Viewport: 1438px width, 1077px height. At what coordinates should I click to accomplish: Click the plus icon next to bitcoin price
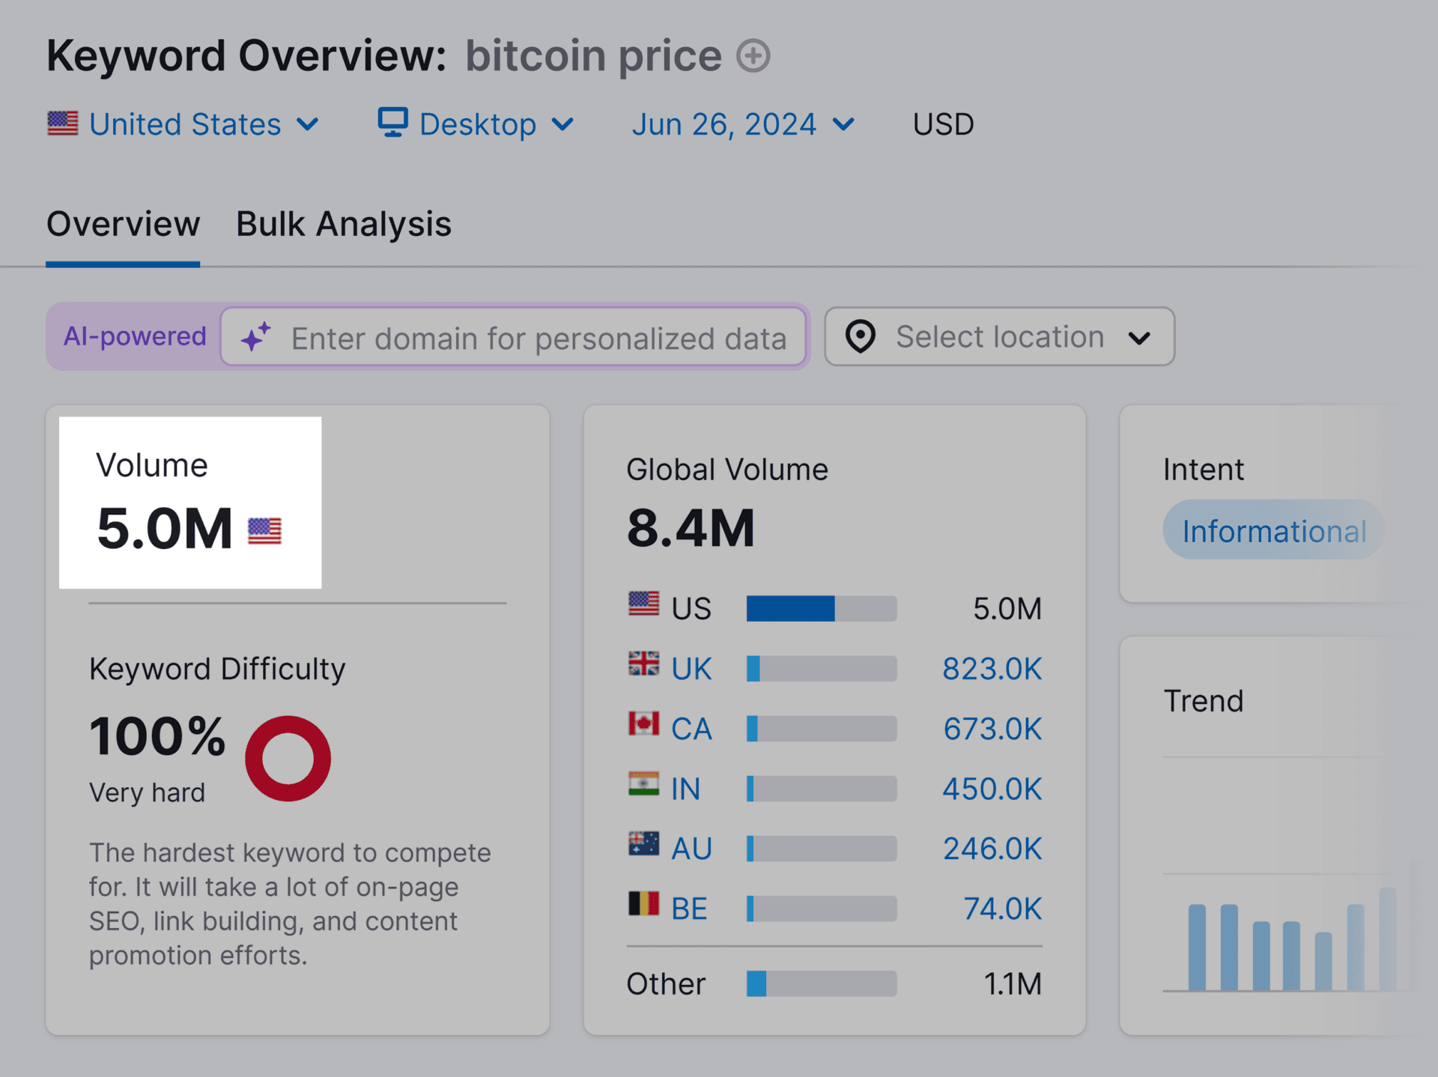tap(753, 56)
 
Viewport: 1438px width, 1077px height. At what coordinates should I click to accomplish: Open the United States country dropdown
tap(183, 124)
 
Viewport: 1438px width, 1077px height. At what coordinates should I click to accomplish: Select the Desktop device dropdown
tap(476, 124)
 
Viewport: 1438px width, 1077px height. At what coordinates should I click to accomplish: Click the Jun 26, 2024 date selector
tap(742, 124)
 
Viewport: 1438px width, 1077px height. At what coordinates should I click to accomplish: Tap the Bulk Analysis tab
tap(343, 224)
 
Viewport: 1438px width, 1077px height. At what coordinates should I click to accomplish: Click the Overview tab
tap(123, 224)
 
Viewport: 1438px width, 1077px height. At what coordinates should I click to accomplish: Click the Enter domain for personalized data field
tap(538, 338)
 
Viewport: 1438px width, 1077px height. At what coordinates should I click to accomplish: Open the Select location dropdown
tap(999, 337)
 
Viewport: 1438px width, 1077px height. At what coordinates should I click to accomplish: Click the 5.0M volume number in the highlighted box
tap(165, 529)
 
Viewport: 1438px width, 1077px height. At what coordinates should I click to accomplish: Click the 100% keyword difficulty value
tap(157, 736)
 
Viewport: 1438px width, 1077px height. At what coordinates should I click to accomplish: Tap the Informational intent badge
tap(1273, 531)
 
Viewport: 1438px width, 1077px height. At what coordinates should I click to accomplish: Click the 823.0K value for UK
tap(991, 669)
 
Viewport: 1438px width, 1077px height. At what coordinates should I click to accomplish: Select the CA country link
tap(691, 729)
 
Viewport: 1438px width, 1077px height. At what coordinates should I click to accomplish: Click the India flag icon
tap(643, 785)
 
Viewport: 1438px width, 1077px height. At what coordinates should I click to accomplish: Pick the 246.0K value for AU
tap(992, 849)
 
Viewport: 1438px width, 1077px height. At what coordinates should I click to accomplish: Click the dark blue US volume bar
tap(790, 609)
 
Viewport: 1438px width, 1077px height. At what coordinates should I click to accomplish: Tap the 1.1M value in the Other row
tap(1012, 984)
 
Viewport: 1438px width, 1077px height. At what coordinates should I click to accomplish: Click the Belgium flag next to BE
tap(643, 904)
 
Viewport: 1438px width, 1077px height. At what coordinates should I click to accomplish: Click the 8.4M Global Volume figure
tap(690, 529)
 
